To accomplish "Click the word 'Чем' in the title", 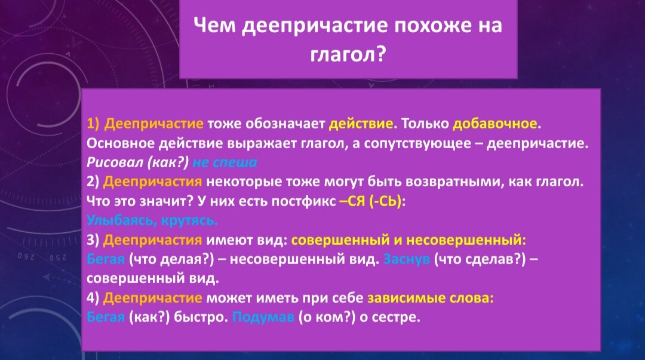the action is (x=214, y=25).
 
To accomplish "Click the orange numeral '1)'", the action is (x=93, y=124).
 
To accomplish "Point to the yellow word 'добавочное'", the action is (x=495, y=124).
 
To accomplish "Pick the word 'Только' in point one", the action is (x=425, y=124).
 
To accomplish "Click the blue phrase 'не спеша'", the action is (x=225, y=162).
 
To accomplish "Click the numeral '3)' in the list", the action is (x=93, y=240).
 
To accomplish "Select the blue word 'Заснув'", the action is (x=407, y=259).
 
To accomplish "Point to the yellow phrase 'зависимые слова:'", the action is (x=430, y=298).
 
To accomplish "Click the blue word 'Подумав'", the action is (x=263, y=317).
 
